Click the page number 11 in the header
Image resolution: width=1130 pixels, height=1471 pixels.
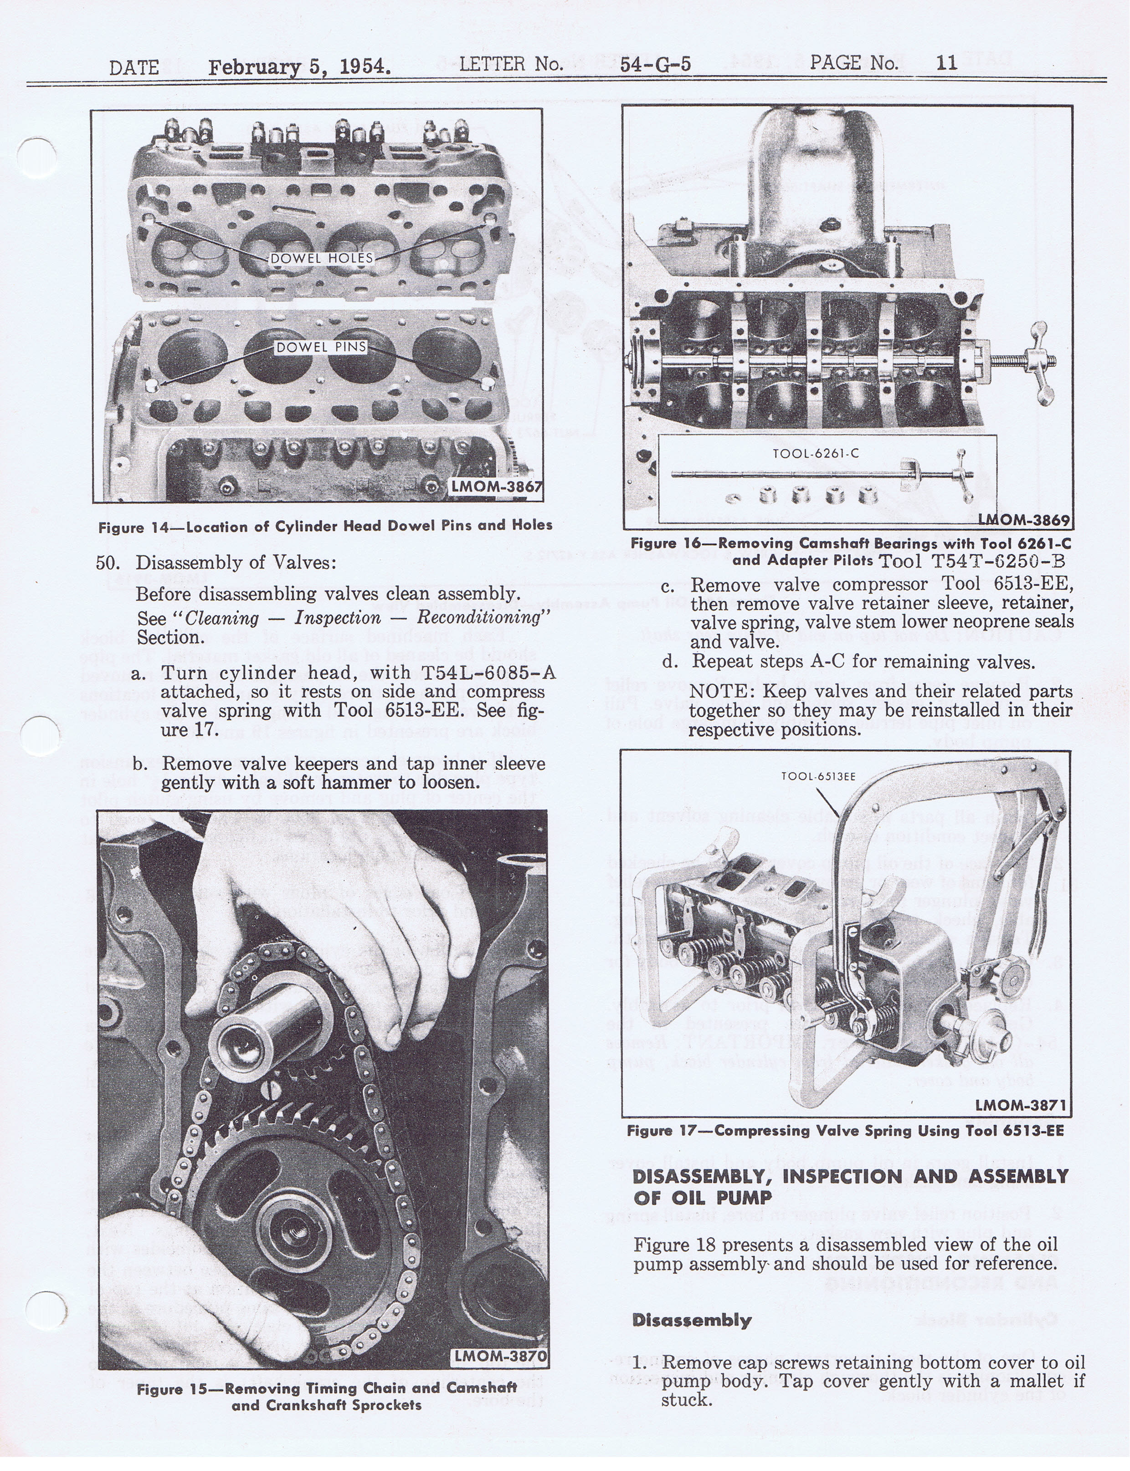946,63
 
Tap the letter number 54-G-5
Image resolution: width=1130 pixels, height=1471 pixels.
655,65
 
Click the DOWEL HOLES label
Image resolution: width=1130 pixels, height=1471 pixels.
322,258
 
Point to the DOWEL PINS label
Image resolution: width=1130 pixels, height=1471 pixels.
322,347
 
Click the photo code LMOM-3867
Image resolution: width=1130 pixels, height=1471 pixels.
496,486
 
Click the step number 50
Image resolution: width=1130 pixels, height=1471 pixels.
107,562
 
